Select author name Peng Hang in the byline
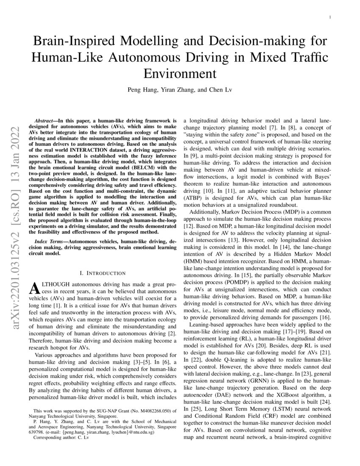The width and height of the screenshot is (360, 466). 139,90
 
